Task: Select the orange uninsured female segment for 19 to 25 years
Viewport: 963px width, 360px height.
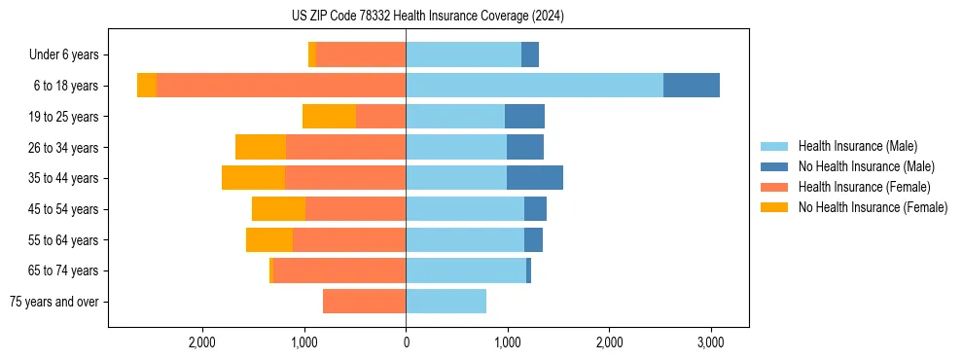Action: (x=329, y=117)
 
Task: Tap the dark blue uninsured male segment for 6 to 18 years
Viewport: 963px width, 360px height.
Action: (x=692, y=86)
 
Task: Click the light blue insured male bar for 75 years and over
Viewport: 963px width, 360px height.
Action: (x=446, y=302)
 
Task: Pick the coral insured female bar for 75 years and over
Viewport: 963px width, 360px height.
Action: (x=364, y=302)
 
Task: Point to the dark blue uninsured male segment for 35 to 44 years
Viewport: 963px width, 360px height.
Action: (x=535, y=178)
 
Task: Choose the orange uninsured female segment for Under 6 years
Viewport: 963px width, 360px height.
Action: (x=312, y=55)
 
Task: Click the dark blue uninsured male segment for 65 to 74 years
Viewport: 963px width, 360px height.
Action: (x=529, y=270)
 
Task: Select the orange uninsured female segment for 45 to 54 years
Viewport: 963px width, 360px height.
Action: (x=278, y=209)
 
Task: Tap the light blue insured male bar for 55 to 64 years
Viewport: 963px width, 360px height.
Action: (x=465, y=240)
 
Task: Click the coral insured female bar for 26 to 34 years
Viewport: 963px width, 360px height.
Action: (x=345, y=148)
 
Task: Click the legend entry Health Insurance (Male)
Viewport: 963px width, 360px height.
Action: (x=857, y=146)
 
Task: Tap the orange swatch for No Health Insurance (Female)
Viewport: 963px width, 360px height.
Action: (x=774, y=207)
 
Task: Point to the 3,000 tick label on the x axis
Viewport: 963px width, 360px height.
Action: (x=710, y=343)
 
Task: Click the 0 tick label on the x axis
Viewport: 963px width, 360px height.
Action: (x=406, y=343)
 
